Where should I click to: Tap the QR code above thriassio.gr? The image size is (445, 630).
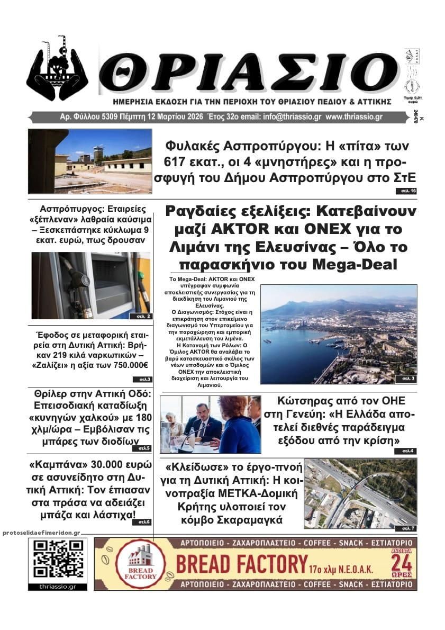(x=58, y=559)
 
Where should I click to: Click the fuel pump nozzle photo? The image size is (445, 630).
(x=90, y=286)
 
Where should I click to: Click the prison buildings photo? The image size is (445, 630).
(x=89, y=161)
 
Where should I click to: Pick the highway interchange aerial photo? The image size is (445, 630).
(x=360, y=493)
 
